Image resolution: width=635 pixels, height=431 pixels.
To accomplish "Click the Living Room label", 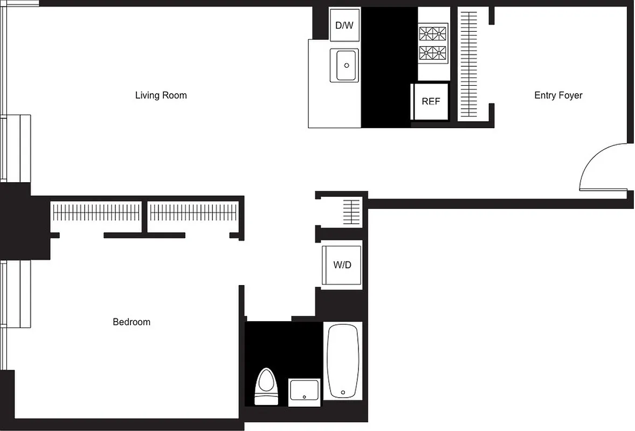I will click(161, 95).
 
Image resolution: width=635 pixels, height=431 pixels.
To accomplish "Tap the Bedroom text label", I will click(132, 322).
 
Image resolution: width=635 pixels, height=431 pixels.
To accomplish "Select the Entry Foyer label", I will click(558, 95).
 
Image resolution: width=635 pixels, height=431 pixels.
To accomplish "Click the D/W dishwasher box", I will click(344, 25).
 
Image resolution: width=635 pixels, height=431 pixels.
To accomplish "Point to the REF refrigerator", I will click(430, 101).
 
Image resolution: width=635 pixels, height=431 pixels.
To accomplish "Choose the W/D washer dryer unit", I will click(342, 265).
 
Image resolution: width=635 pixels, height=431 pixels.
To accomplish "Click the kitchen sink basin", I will click(345, 65).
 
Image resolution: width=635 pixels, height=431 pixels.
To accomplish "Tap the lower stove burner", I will click(433, 53).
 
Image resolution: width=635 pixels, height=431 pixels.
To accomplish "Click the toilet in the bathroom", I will click(265, 386).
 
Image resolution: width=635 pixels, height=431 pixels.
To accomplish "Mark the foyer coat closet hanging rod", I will click(468, 65).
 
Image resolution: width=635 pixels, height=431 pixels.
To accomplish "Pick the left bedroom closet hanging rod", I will click(96, 213).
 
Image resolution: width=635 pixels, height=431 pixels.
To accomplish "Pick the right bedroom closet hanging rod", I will click(193, 213).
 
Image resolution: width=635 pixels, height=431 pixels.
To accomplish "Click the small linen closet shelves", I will click(351, 212).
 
